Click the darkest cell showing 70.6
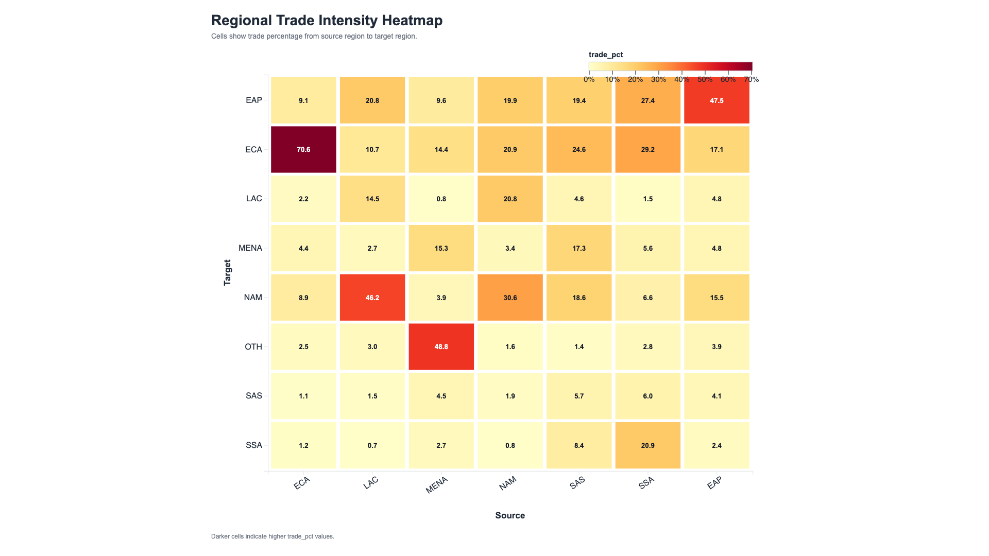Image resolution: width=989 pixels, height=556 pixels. click(x=303, y=149)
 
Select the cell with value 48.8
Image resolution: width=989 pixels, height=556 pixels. click(x=441, y=346)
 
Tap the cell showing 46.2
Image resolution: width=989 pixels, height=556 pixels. click(x=372, y=298)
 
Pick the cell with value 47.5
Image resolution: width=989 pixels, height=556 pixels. click(x=717, y=100)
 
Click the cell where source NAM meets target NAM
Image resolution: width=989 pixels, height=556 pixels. click(x=510, y=298)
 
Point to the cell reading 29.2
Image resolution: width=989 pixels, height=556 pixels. click(x=648, y=149)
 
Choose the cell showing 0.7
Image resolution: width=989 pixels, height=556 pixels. click(x=372, y=445)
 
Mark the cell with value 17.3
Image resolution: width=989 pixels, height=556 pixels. click(x=579, y=248)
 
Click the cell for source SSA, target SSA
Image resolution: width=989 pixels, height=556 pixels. click(x=648, y=445)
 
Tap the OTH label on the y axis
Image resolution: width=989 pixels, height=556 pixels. click(x=253, y=346)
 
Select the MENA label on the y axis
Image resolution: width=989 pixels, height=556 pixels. click(x=250, y=248)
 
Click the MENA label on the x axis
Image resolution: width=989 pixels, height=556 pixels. click(x=437, y=485)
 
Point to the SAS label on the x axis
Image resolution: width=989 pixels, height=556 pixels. click(x=577, y=483)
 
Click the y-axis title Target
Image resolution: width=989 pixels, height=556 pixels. click(x=227, y=272)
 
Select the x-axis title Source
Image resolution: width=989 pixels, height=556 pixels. click(x=510, y=515)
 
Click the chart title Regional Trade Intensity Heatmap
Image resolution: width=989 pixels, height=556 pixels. click(x=327, y=21)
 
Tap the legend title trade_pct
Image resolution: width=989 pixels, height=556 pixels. click(x=606, y=55)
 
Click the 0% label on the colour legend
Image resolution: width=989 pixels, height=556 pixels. click(x=589, y=79)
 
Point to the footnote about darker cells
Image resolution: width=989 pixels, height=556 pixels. click(x=272, y=536)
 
